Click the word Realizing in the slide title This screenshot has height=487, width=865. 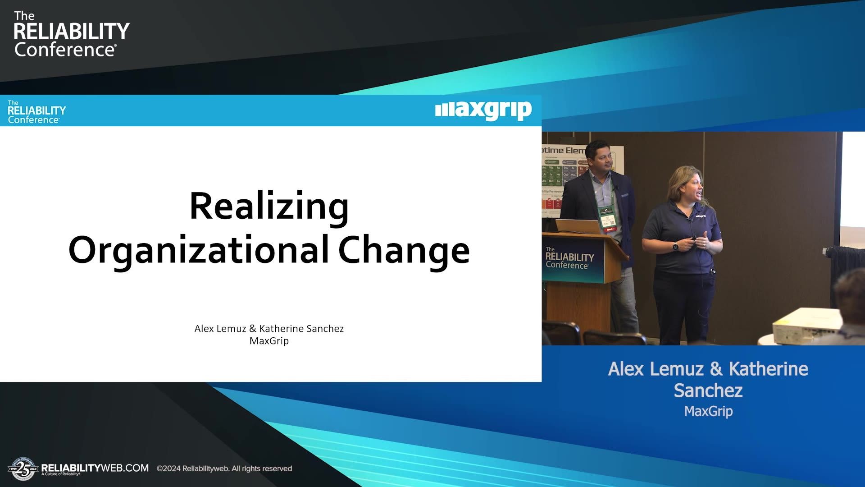point(269,207)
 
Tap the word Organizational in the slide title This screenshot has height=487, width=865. point(198,251)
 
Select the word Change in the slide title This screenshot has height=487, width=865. point(404,251)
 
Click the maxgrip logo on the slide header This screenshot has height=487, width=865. point(483,110)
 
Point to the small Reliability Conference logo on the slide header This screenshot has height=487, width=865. point(36,112)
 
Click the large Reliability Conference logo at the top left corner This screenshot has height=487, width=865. point(71,35)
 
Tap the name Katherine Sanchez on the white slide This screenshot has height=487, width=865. point(301,329)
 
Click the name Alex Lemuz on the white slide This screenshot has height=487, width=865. point(220,329)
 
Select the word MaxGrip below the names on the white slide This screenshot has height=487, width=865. point(269,341)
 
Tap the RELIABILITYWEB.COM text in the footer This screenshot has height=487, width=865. point(95,468)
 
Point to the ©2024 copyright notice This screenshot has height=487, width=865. point(224,469)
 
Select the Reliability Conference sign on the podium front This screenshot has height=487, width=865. point(569,258)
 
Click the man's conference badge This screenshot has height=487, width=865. point(606,217)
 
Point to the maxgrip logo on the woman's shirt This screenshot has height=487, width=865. point(700,216)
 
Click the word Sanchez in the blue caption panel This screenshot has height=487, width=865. point(708,391)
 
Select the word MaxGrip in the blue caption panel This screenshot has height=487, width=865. point(708,411)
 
